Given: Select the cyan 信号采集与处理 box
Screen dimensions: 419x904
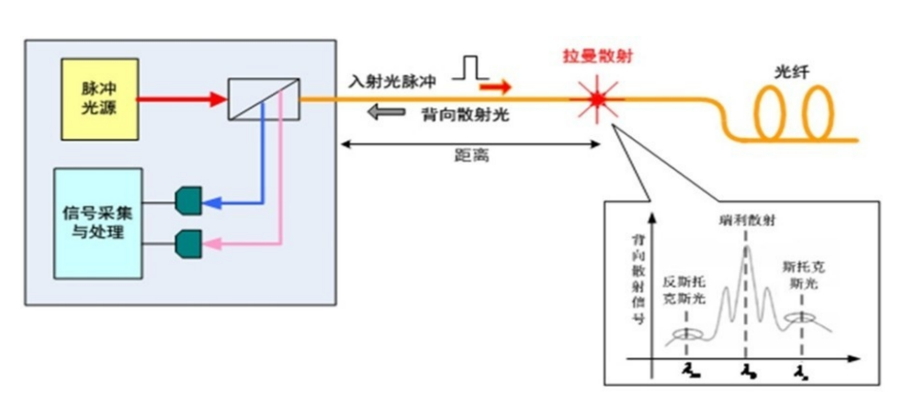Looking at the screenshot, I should (98, 223).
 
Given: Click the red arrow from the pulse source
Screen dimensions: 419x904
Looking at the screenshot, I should (180, 96).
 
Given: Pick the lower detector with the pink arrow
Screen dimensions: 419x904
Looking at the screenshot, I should (187, 243).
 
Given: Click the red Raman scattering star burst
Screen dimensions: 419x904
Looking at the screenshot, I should (599, 96).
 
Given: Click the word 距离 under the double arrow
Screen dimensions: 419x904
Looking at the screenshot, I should (471, 157).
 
